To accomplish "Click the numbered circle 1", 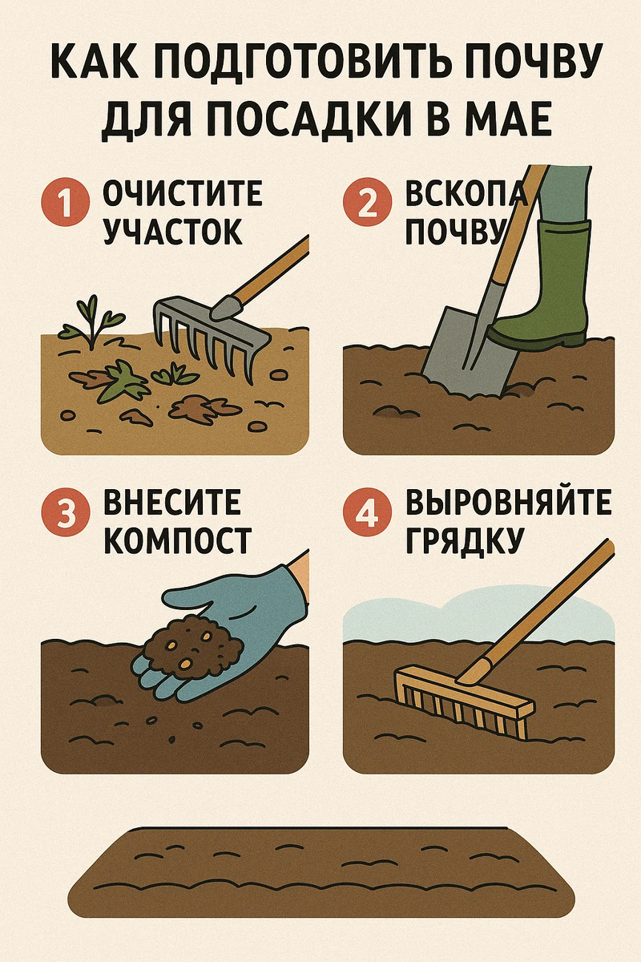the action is click(65, 202).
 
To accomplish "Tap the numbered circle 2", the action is click(368, 202).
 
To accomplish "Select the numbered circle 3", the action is click(65, 512).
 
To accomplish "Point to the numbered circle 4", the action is click(368, 512).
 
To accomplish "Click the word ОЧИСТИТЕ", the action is click(183, 194).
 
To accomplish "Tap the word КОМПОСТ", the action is click(177, 540).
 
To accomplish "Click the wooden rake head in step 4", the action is click(464, 705).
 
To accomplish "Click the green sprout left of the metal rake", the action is click(91, 322).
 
